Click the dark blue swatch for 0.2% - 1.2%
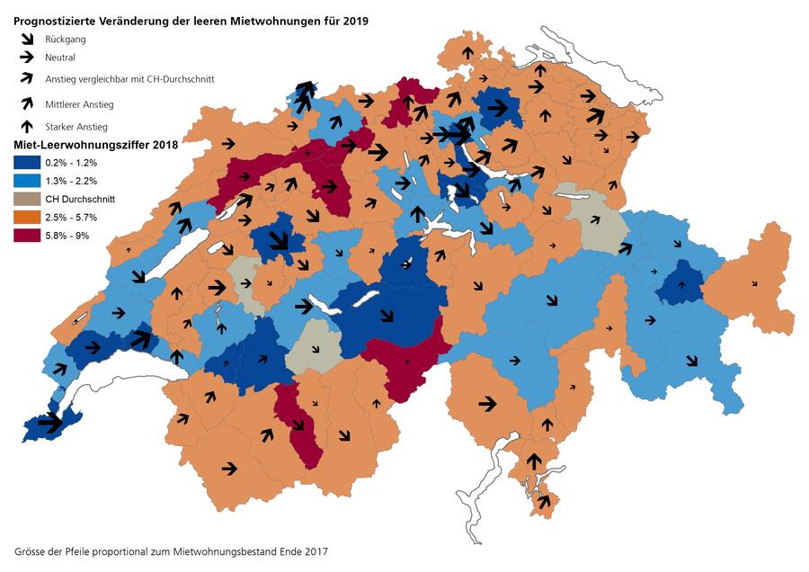tap(27, 163)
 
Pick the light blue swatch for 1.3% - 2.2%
tap(27, 181)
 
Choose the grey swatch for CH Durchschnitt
tap(27, 199)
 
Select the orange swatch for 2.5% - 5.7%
tap(27, 218)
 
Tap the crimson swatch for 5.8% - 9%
tap(27, 236)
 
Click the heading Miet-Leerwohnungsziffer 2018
tap(95, 144)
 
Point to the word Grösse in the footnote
tap(33, 550)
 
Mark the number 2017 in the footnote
tap(316, 550)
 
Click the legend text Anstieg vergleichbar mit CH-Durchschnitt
tap(129, 79)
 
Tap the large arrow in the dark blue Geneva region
tap(49, 421)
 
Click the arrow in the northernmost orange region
tap(467, 53)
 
